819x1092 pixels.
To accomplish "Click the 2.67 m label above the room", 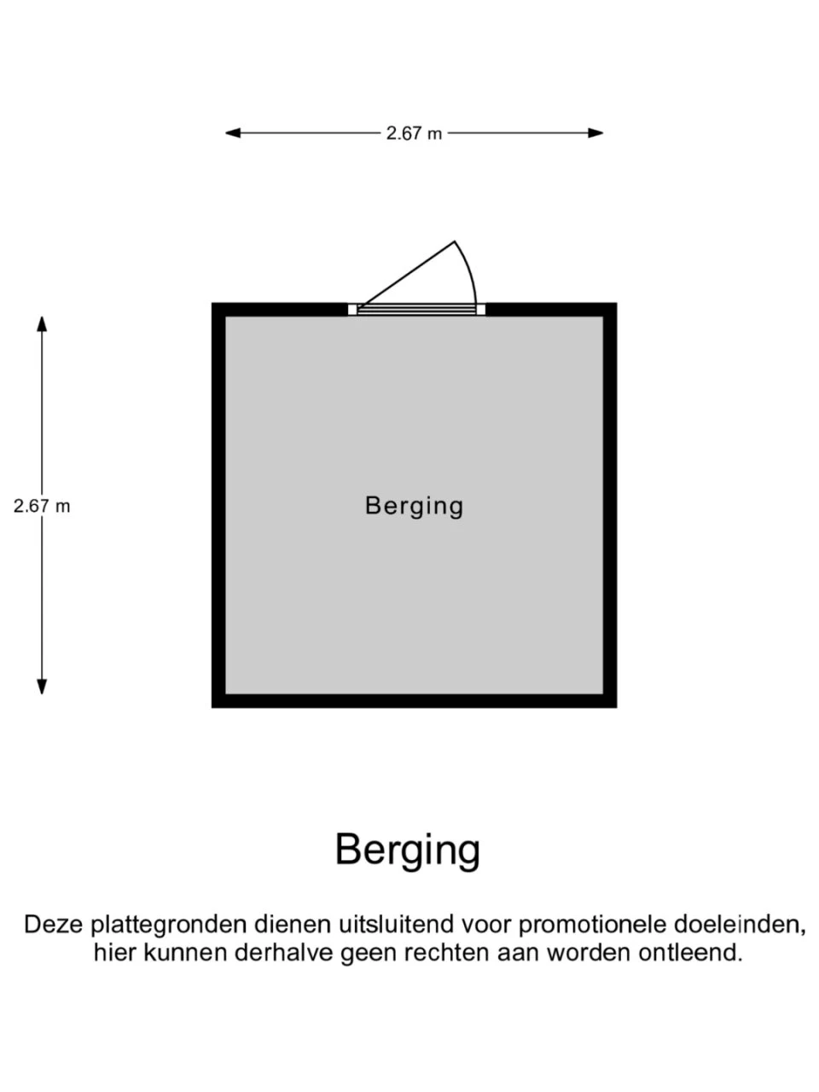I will point(414,133).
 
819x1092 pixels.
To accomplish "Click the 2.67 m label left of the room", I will point(42,506).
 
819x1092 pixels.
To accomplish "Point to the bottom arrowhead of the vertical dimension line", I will point(42,687).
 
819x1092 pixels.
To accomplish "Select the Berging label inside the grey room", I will point(414,506).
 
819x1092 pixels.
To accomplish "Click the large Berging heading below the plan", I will point(408,850).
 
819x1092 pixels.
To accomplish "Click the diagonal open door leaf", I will point(408,275).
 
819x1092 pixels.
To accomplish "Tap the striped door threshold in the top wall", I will point(416,310).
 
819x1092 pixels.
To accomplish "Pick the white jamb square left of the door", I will point(352,310).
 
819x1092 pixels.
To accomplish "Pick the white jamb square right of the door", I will point(480,310).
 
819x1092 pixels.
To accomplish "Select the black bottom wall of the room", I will point(414,701).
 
